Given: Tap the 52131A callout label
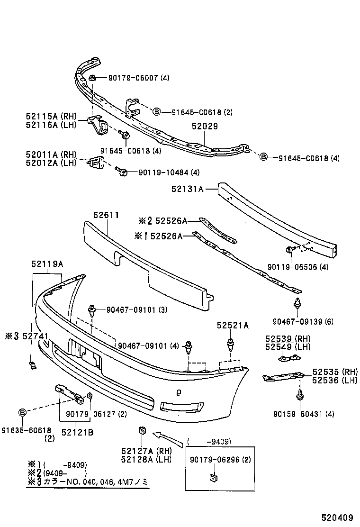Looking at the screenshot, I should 188,189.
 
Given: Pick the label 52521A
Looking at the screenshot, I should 233,326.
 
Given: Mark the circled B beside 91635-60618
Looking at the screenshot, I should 22,413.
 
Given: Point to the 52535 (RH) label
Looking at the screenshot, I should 334,372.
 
